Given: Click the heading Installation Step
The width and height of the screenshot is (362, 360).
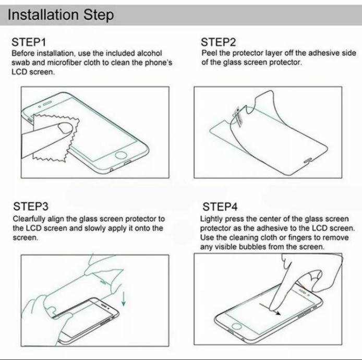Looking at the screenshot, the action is click(x=61, y=15).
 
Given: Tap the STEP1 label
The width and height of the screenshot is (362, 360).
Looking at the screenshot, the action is click(x=29, y=42).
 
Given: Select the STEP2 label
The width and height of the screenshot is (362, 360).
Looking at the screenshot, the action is click(x=219, y=42).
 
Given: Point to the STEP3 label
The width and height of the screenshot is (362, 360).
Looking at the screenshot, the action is click(x=31, y=206).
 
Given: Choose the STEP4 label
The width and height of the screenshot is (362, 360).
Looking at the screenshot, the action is click(x=220, y=207).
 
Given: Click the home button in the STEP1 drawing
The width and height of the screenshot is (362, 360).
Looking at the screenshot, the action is click(x=121, y=155).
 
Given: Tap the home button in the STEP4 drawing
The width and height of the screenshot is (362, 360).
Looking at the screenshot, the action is click(x=237, y=326).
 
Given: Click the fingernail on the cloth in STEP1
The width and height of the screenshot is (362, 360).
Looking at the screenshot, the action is click(x=66, y=128).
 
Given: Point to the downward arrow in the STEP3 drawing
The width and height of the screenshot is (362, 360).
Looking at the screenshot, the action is click(x=124, y=299).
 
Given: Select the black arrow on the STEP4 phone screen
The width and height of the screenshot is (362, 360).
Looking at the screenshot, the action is click(x=270, y=309).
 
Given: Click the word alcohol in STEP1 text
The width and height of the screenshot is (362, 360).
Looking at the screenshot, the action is click(x=150, y=53).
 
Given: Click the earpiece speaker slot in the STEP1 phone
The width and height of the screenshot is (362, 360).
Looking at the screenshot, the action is click(x=47, y=103).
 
